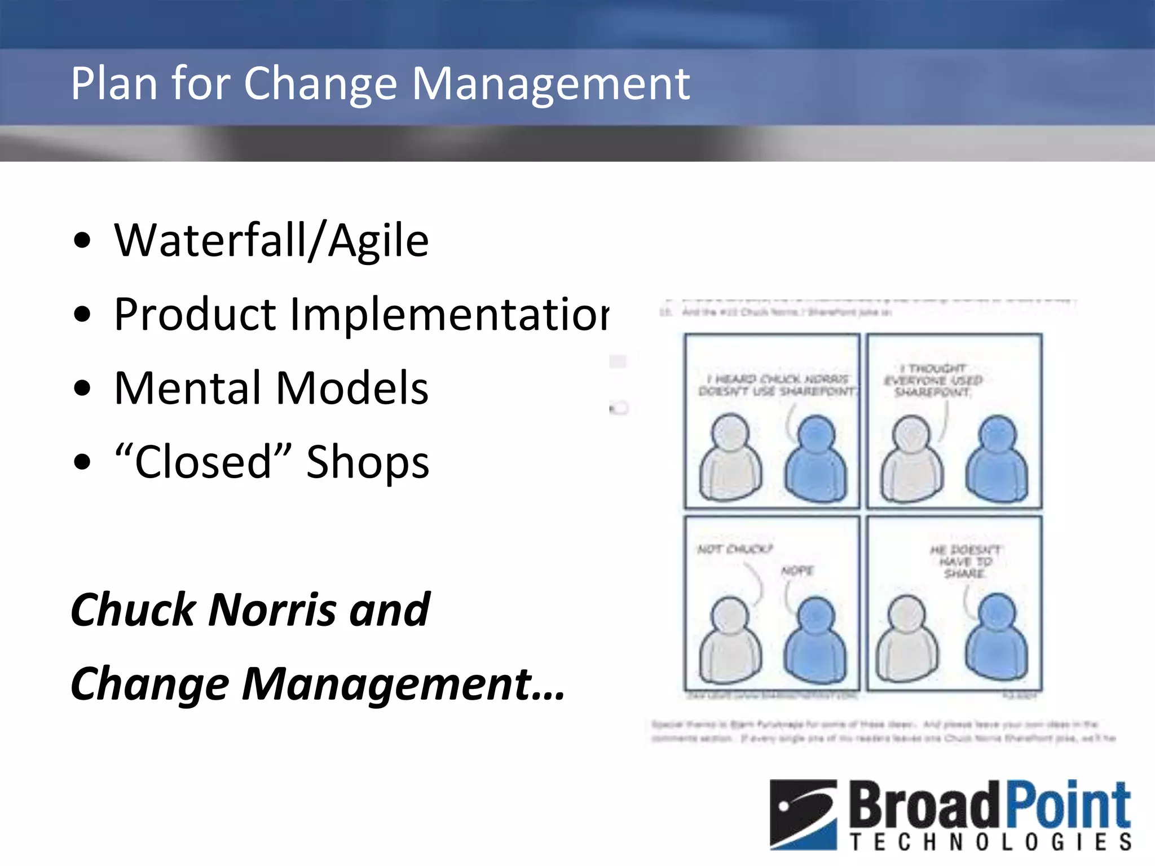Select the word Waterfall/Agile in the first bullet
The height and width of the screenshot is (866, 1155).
[271, 241]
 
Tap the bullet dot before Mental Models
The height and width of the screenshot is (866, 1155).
[82, 388]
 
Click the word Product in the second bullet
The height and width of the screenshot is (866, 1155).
[195, 315]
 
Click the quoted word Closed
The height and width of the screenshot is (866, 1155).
[203, 462]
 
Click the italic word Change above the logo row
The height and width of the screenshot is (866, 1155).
[150, 684]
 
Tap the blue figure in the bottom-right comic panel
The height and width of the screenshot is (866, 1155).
[997, 637]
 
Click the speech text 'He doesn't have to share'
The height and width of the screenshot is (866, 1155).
[965, 562]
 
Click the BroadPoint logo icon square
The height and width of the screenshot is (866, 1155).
[803, 814]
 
